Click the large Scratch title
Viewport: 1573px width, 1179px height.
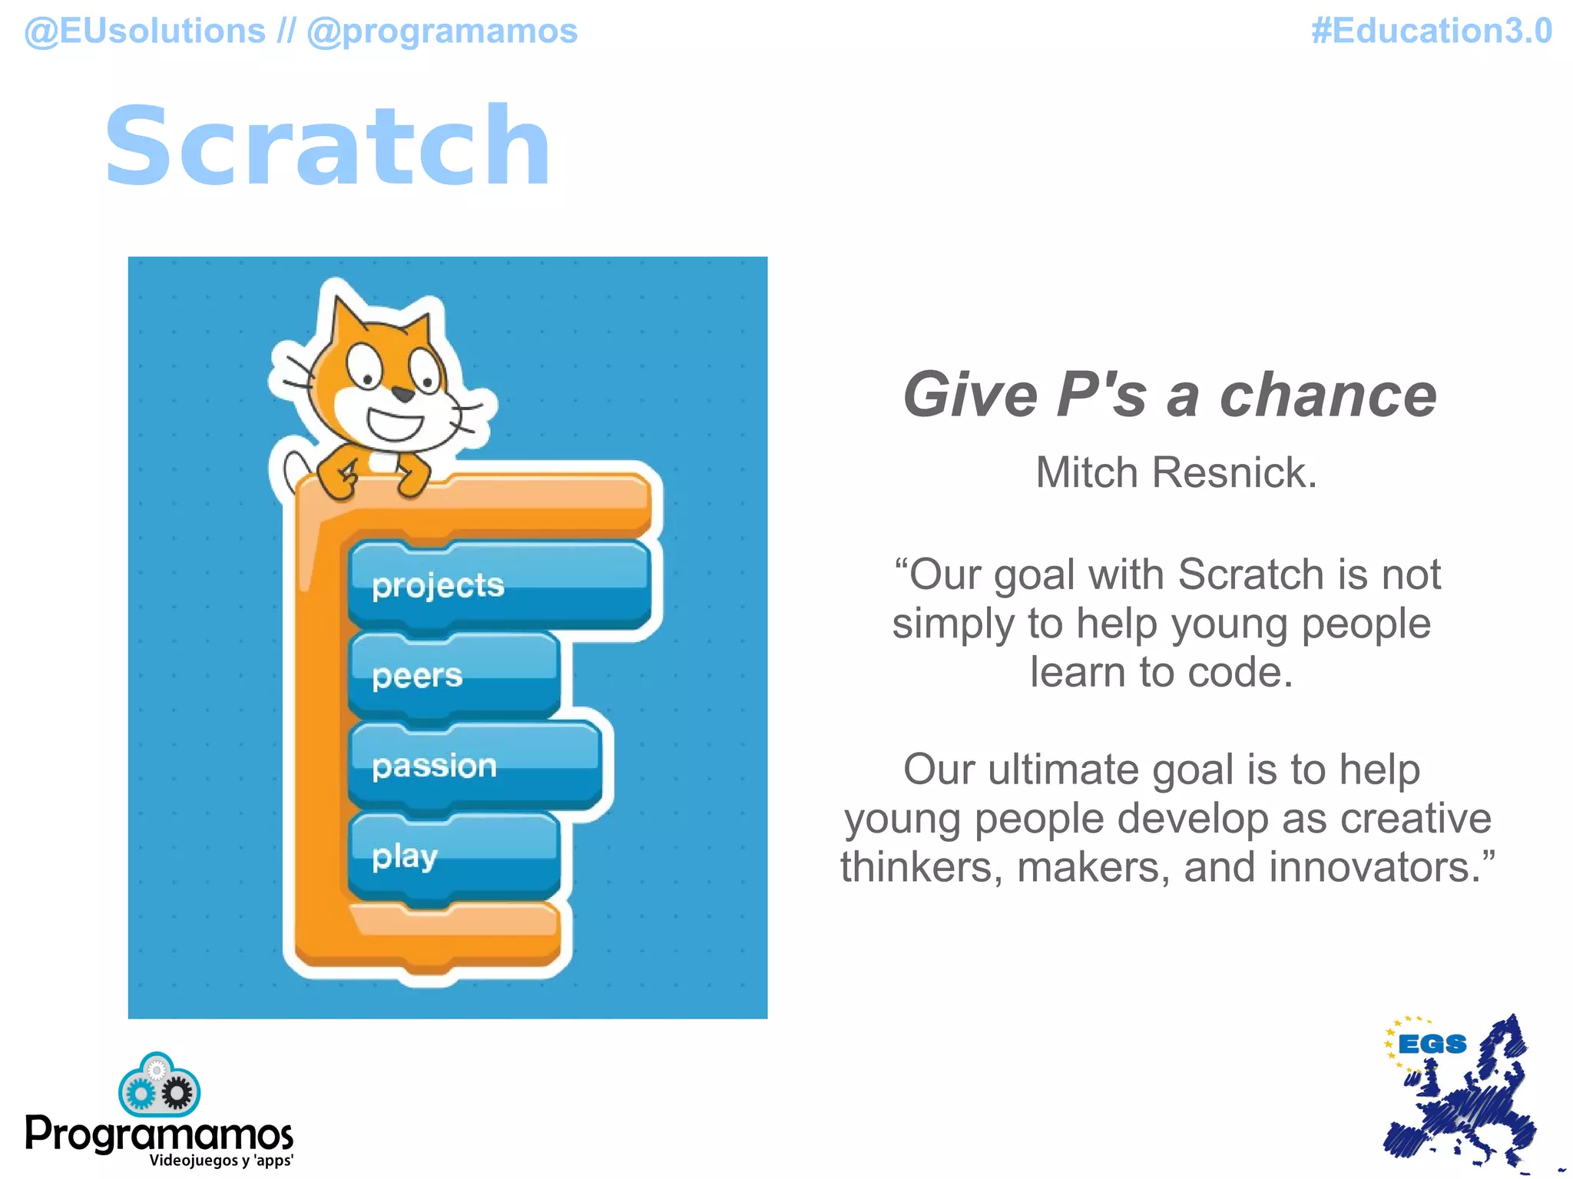328,146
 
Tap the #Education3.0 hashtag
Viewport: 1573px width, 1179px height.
1432,31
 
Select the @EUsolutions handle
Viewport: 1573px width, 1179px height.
145,31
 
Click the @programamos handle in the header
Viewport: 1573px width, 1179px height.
442,31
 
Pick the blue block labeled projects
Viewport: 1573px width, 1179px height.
499,586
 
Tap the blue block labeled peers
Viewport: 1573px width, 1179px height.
453,676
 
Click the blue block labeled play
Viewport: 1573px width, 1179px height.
453,856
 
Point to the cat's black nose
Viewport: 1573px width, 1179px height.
403,395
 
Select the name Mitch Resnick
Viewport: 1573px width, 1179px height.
1176,472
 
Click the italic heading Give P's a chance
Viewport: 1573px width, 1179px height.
1169,395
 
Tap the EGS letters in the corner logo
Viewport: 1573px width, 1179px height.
1432,1045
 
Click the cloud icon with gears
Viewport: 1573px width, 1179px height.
159,1086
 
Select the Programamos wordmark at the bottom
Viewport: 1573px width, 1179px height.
159,1133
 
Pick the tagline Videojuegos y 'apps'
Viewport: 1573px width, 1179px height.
221,1161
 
